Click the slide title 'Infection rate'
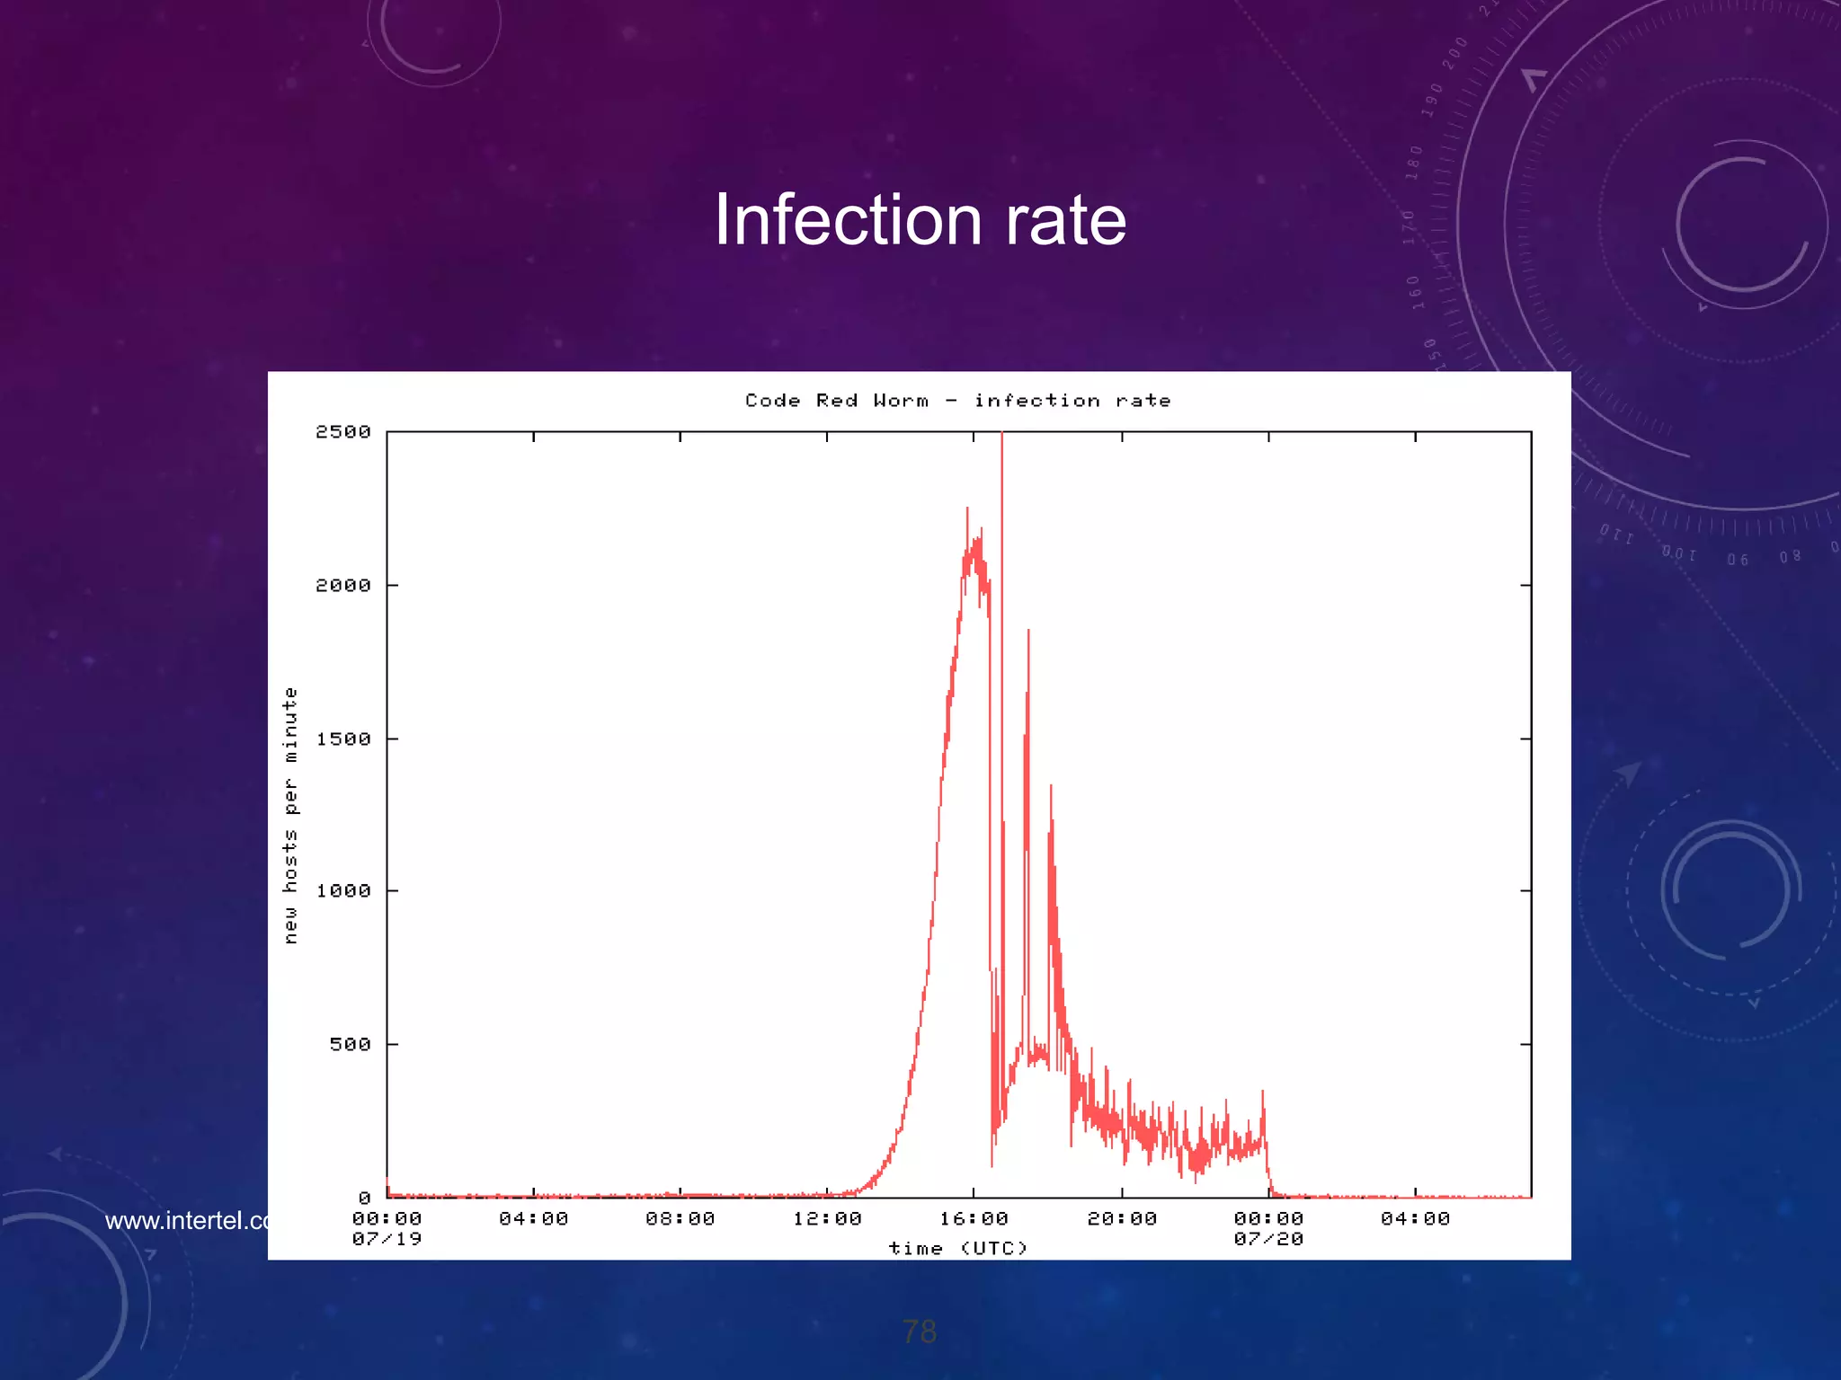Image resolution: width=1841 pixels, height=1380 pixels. coord(920,220)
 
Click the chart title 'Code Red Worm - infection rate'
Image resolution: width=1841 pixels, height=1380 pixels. coord(957,401)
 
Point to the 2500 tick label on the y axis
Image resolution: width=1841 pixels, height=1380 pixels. coord(342,432)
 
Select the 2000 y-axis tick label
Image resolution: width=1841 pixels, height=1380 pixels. coord(342,586)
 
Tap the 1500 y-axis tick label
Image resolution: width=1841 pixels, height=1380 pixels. coord(342,739)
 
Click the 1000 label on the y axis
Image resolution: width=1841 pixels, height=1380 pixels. coord(342,891)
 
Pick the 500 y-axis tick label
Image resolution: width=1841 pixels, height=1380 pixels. coord(350,1045)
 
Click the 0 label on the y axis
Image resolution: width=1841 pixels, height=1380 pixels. coord(364,1199)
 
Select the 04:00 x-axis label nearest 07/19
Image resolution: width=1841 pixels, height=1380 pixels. coord(533,1219)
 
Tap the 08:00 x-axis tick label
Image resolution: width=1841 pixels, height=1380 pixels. coord(680,1219)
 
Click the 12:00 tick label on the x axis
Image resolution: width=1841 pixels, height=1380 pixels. coord(827,1219)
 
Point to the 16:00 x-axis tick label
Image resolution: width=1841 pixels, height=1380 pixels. coord(974,1219)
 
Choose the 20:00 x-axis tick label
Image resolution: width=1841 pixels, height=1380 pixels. coord(1122,1219)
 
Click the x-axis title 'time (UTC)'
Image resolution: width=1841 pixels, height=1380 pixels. coord(957,1249)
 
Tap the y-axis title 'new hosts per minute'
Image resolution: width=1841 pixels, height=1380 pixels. coord(289,815)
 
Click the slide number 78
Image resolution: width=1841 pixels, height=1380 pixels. coord(919,1331)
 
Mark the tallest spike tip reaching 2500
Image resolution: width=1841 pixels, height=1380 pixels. coord(1002,435)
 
